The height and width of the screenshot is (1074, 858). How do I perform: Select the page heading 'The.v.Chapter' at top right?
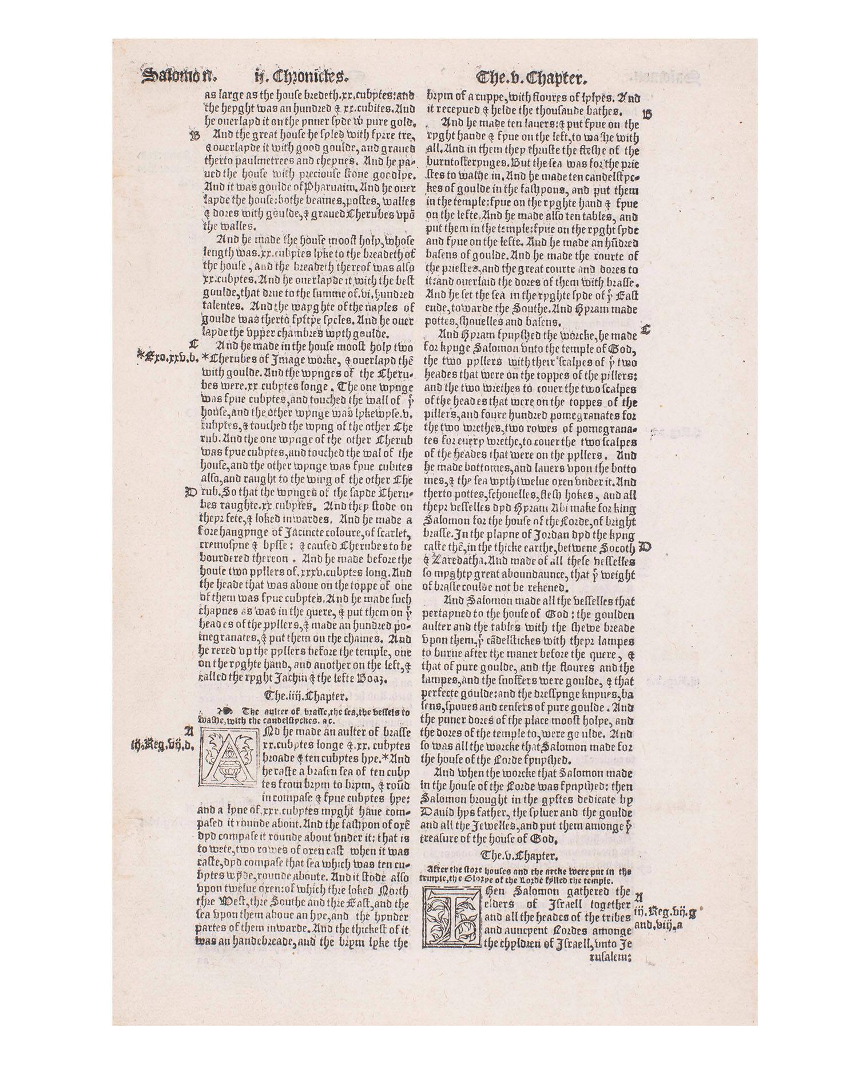click(533, 76)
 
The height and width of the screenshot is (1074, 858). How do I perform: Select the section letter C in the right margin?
click(646, 330)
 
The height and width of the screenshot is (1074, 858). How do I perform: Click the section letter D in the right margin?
click(646, 547)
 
